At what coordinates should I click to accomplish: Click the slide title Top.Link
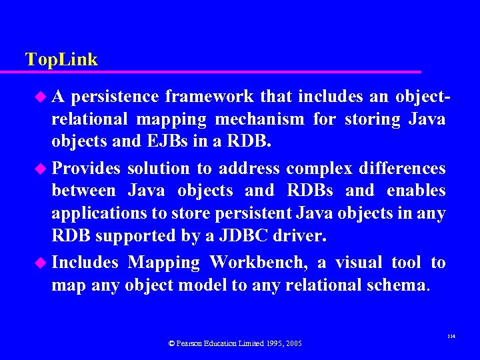pyautogui.click(x=61, y=59)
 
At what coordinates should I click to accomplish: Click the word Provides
pyautogui.click(x=86, y=167)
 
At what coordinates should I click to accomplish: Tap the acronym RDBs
pyautogui.click(x=310, y=191)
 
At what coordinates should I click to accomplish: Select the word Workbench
pyautogui.click(x=254, y=263)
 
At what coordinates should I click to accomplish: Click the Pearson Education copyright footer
pyautogui.click(x=235, y=343)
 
